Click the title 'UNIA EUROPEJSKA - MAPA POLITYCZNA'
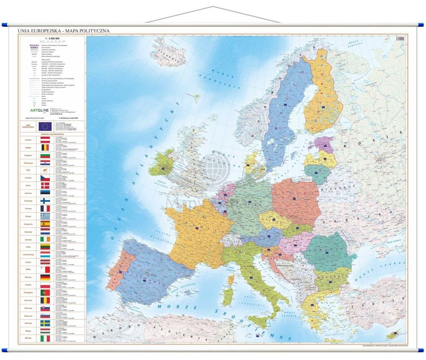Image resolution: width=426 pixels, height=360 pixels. [x=63, y=31]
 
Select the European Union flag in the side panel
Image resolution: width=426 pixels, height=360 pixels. [x=45, y=126]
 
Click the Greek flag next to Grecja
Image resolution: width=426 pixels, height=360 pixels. [x=45, y=216]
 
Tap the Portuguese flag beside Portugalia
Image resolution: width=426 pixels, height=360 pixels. [x=45, y=293]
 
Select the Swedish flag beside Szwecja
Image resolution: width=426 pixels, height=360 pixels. [x=45, y=323]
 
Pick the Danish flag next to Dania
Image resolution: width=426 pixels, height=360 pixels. [x=45, y=185]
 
